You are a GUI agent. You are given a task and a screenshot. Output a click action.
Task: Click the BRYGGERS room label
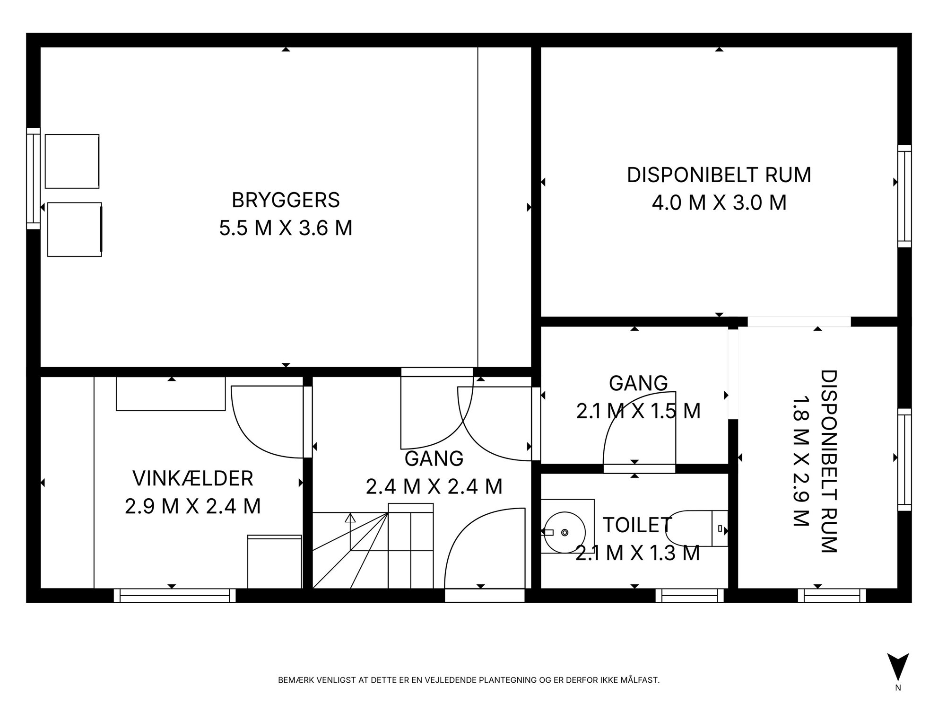click(286, 200)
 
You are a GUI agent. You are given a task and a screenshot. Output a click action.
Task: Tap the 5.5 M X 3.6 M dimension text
click(286, 228)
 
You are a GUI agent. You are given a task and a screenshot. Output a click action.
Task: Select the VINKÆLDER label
click(193, 478)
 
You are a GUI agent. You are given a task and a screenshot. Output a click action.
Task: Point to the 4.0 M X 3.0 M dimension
click(719, 202)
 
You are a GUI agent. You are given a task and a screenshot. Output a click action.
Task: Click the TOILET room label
click(637, 525)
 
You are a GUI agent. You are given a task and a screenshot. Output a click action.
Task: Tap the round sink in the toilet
click(565, 532)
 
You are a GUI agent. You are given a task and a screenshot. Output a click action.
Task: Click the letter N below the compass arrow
click(898, 688)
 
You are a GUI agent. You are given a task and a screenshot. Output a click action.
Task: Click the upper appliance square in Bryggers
click(72, 161)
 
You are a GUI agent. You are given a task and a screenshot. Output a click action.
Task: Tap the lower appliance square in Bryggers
click(75, 229)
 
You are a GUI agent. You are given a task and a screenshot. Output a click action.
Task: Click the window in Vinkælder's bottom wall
click(174, 595)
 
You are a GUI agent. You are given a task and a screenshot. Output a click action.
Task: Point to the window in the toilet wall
click(690, 595)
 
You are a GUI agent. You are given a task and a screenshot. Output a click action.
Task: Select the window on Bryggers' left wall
click(33, 178)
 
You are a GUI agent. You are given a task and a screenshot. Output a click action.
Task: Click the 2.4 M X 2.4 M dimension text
click(434, 486)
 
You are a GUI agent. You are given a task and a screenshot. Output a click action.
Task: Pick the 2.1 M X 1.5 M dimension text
click(638, 411)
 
